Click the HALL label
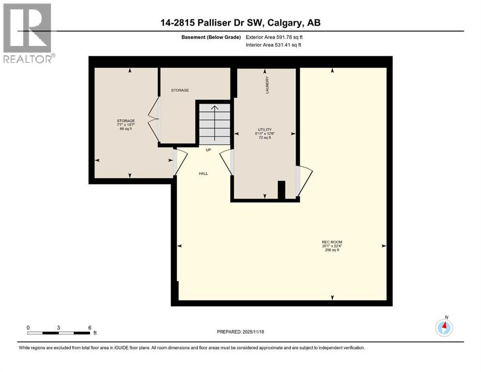click(203, 173)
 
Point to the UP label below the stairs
click(208, 150)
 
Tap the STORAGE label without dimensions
click(179, 90)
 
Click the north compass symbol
click(444, 327)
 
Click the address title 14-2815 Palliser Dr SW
click(240, 23)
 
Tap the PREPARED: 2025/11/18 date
click(240, 332)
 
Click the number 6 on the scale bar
click(90, 327)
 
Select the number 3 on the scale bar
click(59, 327)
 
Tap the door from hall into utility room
click(227, 162)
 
